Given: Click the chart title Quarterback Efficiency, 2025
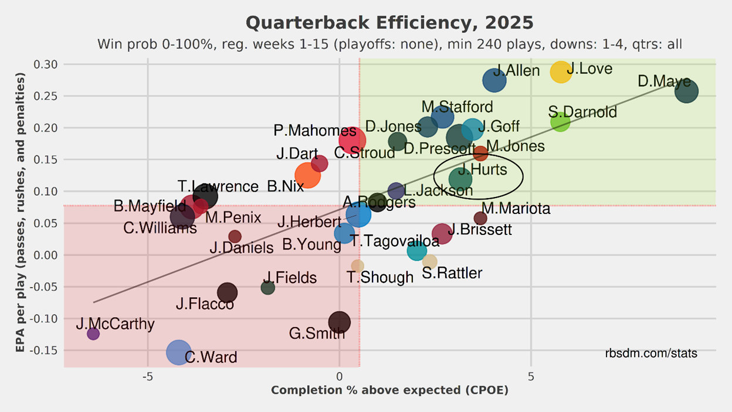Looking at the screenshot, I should (x=389, y=23).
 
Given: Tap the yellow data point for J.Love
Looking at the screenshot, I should (x=561, y=71).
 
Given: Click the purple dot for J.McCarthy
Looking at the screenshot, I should (x=93, y=333).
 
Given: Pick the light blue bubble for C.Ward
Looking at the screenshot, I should (x=179, y=352).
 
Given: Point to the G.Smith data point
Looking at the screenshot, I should (x=339, y=322).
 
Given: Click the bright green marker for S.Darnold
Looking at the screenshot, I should (x=561, y=122).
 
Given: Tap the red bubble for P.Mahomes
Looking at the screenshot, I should (x=353, y=139).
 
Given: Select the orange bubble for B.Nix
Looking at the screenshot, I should (x=307, y=175).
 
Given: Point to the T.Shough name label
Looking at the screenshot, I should (x=380, y=277).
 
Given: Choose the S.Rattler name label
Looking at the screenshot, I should (x=452, y=273).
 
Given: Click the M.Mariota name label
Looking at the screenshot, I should (x=516, y=208).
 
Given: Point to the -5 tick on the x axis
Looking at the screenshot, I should (x=147, y=376).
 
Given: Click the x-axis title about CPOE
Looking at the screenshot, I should (x=389, y=390).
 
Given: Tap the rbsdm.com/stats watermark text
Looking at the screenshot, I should (x=651, y=353).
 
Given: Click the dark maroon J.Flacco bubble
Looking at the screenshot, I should (x=227, y=292).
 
